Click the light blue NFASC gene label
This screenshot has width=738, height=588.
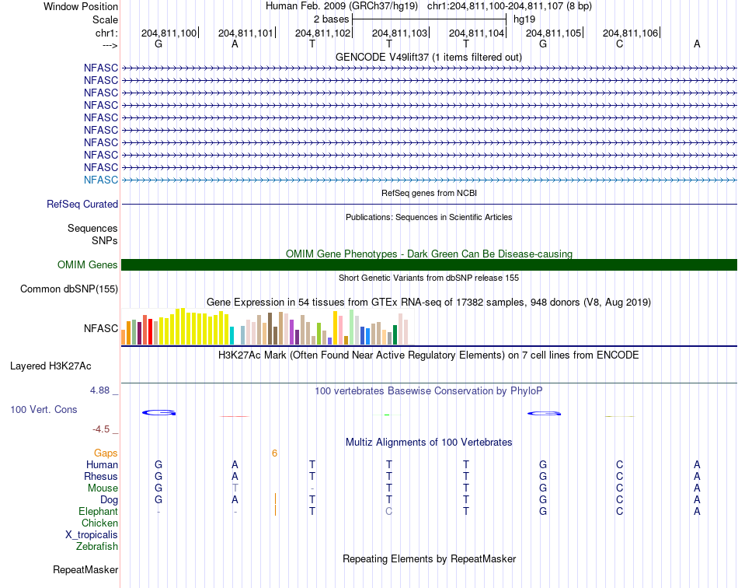coord(101,180)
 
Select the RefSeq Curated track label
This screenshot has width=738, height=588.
coord(82,204)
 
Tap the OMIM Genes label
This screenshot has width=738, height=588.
coord(88,264)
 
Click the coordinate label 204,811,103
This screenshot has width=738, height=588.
coord(399,33)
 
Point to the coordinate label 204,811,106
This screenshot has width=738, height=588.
coord(630,33)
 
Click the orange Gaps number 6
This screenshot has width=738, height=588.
coord(274,453)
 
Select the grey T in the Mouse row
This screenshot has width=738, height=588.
coord(235,488)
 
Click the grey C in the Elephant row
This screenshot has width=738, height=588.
coord(388,511)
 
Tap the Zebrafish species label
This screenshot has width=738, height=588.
coord(97,547)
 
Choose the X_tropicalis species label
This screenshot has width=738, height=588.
coord(92,535)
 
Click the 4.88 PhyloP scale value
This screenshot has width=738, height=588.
coord(99,390)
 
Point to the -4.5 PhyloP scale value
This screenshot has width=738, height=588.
coord(101,429)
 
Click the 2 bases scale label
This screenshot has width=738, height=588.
coord(332,19)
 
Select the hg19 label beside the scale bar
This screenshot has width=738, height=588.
coord(524,19)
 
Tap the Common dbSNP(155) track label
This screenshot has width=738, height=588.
coord(69,289)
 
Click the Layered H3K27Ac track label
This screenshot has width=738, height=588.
coord(50,366)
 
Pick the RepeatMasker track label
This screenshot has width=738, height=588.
coord(85,569)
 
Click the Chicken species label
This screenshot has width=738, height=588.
coord(99,523)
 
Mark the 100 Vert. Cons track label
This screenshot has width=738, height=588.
coord(44,409)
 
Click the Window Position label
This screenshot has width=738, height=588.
coord(81,6)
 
